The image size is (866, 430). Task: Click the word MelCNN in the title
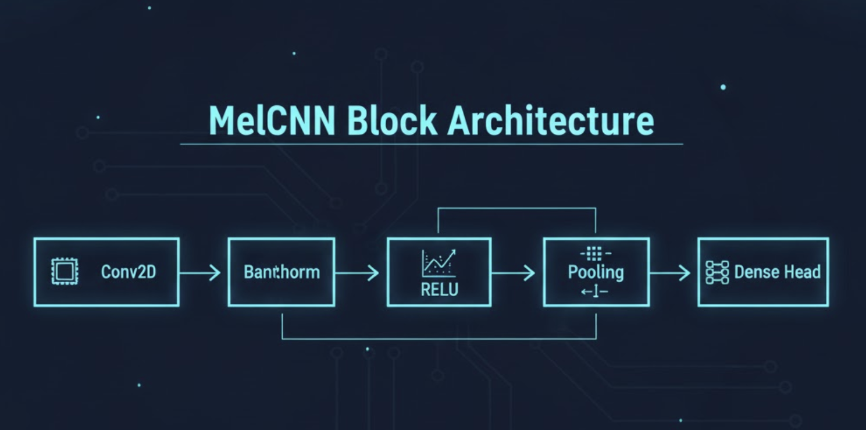pyautogui.click(x=270, y=121)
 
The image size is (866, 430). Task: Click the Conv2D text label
pyautogui.click(x=129, y=272)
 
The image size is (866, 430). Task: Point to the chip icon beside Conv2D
pyautogui.click(x=65, y=272)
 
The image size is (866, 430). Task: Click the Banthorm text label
pyautogui.click(x=281, y=272)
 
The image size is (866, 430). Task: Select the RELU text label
pyautogui.click(x=439, y=289)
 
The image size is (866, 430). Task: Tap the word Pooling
pyautogui.click(x=596, y=272)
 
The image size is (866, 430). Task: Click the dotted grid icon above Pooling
pyautogui.click(x=595, y=253)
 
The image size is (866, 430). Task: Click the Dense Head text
pyautogui.click(x=777, y=272)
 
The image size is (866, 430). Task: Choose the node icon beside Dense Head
pyautogui.click(x=717, y=272)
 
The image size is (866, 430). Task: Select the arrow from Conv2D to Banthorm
pyautogui.click(x=200, y=272)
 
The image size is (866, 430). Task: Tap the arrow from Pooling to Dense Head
pyautogui.click(x=670, y=272)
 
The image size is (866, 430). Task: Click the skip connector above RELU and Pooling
pyautogui.click(x=517, y=208)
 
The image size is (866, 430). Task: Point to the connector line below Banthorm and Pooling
pyautogui.click(x=439, y=338)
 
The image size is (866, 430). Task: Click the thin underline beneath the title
pyautogui.click(x=431, y=144)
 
